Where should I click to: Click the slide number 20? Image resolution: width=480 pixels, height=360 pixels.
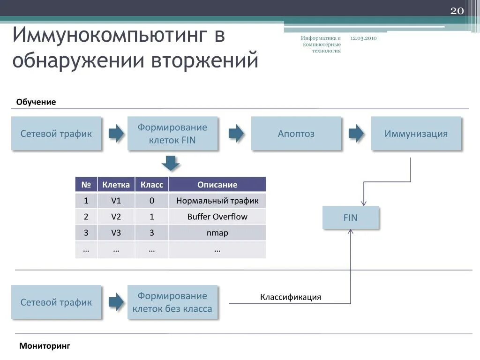pyautogui.click(x=457, y=11)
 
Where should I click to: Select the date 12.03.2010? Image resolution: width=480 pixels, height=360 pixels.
pyautogui.click(x=363, y=38)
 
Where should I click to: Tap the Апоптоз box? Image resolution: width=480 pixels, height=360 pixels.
pyautogui.click(x=296, y=134)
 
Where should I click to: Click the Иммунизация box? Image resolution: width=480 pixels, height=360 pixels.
pyautogui.click(x=416, y=134)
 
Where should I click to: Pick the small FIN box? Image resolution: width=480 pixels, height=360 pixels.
pyautogui.click(x=350, y=217)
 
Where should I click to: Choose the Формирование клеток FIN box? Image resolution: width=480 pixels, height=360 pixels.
pyautogui.click(x=172, y=134)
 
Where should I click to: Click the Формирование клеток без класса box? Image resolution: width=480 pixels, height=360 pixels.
pyautogui.click(x=172, y=302)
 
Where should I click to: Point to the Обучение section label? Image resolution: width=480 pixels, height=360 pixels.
pyautogui.click(x=36, y=102)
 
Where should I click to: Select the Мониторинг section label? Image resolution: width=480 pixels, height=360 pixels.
pyautogui.click(x=45, y=346)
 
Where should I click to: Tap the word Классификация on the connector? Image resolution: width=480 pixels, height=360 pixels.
pyautogui.click(x=291, y=297)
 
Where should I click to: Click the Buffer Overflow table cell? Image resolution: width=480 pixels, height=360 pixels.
pyautogui.click(x=217, y=217)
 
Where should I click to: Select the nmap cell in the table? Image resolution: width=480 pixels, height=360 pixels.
pyautogui.click(x=217, y=233)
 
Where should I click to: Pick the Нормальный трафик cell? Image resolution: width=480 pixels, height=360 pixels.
pyautogui.click(x=217, y=201)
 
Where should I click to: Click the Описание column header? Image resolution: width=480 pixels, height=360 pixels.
pyautogui.click(x=217, y=185)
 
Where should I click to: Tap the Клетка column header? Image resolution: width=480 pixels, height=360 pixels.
pyautogui.click(x=116, y=185)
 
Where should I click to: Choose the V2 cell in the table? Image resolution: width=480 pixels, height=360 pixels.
pyautogui.click(x=116, y=217)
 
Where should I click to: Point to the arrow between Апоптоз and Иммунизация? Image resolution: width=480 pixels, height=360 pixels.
pyautogui.click(x=356, y=134)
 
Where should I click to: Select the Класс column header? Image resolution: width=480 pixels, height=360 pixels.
pyautogui.click(x=152, y=185)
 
